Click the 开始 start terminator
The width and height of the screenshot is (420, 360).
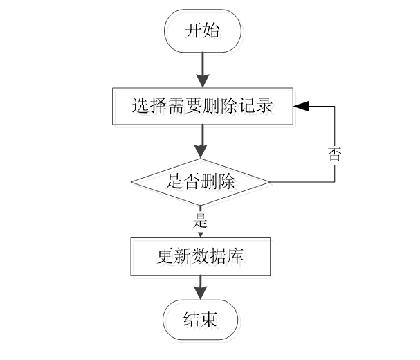click(x=204, y=33)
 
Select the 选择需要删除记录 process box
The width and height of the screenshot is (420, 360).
click(x=205, y=108)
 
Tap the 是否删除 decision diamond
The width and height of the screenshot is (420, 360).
click(x=202, y=184)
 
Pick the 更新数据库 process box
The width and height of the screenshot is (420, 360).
click(x=202, y=259)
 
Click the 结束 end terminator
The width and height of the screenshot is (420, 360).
click(x=203, y=321)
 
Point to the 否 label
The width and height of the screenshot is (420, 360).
click(x=335, y=155)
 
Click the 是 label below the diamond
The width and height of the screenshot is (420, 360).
click(x=201, y=222)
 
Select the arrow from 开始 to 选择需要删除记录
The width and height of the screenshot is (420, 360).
click(x=201, y=69)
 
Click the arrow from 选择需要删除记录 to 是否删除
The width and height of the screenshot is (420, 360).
click(x=201, y=144)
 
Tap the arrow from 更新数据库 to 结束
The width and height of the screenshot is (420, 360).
click(x=201, y=288)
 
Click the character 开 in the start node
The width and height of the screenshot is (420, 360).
click(x=197, y=33)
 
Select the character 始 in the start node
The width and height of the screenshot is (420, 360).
click(x=214, y=33)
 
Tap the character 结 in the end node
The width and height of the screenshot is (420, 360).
click(x=194, y=321)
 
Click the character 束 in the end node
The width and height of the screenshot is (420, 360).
click(x=212, y=321)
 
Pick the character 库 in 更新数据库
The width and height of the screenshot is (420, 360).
click(x=239, y=259)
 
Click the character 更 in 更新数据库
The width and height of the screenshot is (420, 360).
click(x=167, y=259)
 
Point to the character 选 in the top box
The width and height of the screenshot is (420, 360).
click(x=144, y=108)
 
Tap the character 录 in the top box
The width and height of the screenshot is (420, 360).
click(x=267, y=108)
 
